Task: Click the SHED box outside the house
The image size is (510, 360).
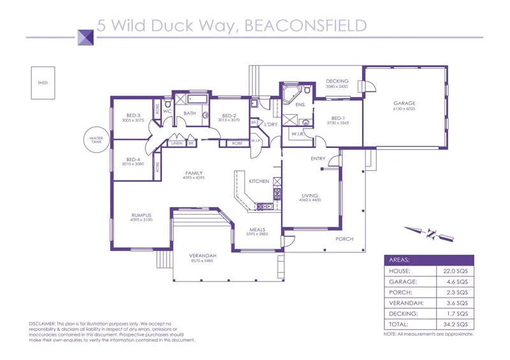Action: (x=43, y=83)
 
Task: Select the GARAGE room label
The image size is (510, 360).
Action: (x=404, y=103)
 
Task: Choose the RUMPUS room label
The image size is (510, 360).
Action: (x=141, y=215)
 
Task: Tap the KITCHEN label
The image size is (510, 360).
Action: (x=259, y=182)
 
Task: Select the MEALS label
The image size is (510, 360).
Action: (x=258, y=229)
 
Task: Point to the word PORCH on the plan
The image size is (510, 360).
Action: (x=345, y=239)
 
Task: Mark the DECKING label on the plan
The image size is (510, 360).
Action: (x=337, y=81)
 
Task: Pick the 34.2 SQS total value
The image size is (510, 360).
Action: (x=455, y=324)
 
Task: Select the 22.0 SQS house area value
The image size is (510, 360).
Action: (x=455, y=271)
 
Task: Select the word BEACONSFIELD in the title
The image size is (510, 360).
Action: (x=306, y=25)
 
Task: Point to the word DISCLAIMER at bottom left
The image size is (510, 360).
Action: (x=43, y=324)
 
